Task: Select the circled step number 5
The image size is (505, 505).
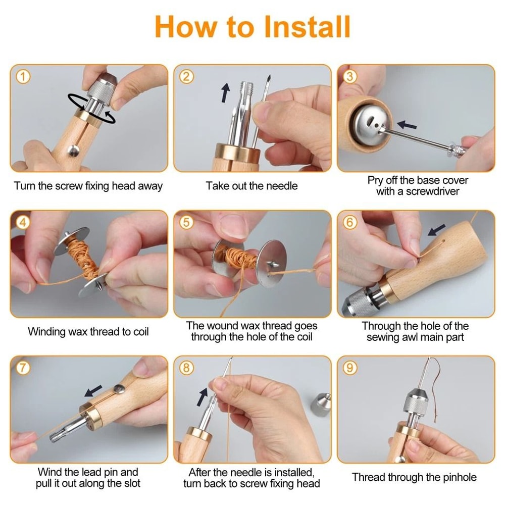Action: click(x=187, y=223)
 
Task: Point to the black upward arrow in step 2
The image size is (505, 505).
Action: click(x=225, y=93)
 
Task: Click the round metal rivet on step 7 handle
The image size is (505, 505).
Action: click(x=119, y=389)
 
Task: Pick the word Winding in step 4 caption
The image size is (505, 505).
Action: click(x=46, y=332)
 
